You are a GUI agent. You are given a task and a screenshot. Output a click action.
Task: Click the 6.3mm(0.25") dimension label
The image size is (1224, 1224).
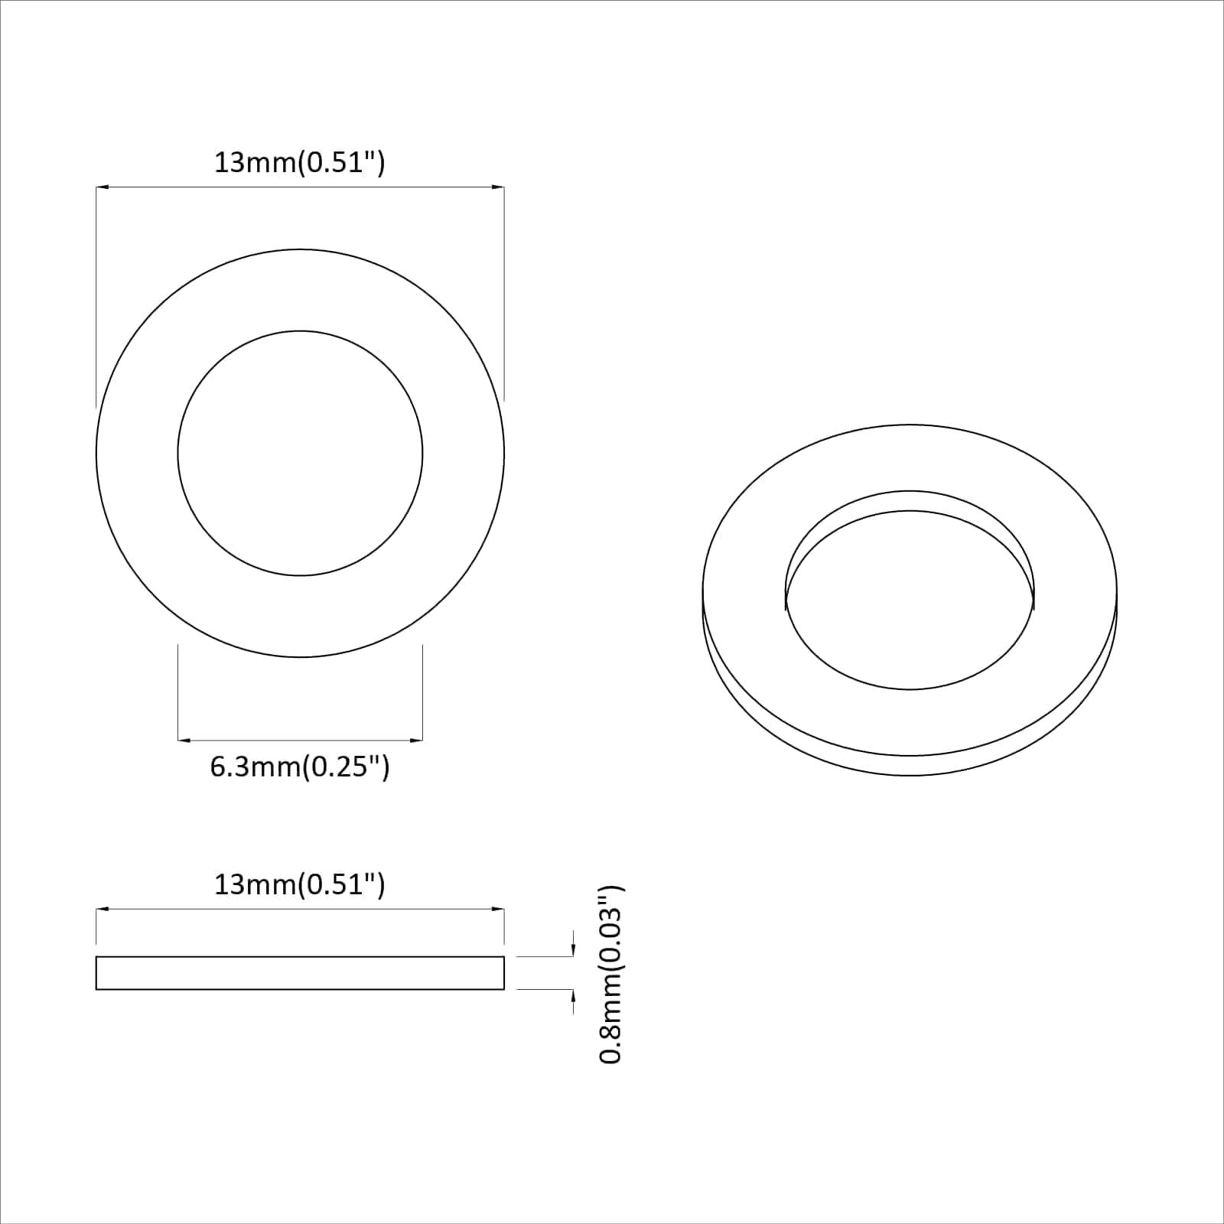pyautogui.click(x=300, y=767)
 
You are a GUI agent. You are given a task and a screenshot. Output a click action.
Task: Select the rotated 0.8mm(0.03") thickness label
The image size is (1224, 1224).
pyautogui.click(x=612, y=975)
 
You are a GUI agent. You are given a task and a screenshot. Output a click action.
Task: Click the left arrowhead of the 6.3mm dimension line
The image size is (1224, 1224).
pyautogui.click(x=184, y=740)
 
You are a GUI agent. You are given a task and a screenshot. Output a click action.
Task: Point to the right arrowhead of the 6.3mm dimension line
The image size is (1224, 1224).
pyautogui.click(x=417, y=740)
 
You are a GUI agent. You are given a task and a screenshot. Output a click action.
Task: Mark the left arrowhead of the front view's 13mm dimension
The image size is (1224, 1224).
pyautogui.click(x=102, y=186)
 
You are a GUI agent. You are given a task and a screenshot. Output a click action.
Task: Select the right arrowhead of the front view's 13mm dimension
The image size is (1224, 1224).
pyautogui.click(x=498, y=186)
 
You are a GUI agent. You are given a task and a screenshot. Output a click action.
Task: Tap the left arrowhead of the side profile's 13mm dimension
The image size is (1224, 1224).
pyautogui.click(x=102, y=909)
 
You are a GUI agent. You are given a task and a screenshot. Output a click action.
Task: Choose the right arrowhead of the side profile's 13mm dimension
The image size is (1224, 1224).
pyautogui.click(x=498, y=909)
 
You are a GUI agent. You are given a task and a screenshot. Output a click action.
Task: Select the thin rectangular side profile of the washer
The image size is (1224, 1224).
pyautogui.click(x=300, y=973)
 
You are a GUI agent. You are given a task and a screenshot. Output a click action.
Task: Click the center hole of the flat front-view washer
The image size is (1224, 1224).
pyautogui.click(x=300, y=453)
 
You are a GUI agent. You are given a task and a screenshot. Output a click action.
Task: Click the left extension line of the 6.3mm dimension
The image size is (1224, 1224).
pyautogui.click(x=178, y=692)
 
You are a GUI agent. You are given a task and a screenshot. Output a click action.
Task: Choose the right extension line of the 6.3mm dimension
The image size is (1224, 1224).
pyautogui.click(x=422, y=692)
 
